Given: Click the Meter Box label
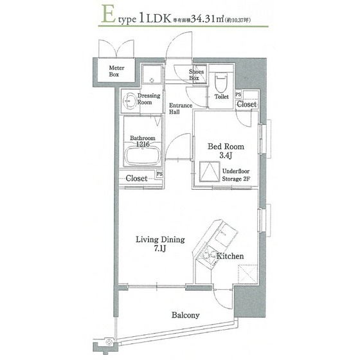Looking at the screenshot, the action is pos(116,71).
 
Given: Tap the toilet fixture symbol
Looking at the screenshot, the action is pos(221,82).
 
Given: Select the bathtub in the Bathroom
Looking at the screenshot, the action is pos(142,156).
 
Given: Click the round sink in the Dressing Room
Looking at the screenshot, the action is pos(129,101).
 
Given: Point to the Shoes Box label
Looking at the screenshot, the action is pos(196,75).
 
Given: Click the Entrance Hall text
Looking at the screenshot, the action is pos(181,109).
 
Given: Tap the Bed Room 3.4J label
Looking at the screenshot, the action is pos(226,151).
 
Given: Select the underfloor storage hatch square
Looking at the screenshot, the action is pos(210,172).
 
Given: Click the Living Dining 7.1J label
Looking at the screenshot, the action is pos(160,244).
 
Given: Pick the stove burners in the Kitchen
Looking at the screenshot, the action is pos(207,256).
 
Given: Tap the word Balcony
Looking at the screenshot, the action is pos(186,315).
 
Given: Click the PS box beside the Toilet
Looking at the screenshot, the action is pos(239,94).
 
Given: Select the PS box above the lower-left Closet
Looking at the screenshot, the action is pos(159,174).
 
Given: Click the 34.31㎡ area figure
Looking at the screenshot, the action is pos(207,19).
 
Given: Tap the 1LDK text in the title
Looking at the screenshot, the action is pos(154,19).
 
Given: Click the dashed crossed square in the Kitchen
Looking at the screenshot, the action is pos(248,274).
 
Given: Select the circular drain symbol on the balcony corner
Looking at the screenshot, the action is pos(109,342).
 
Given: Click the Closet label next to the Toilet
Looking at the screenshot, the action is pos(247,104).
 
